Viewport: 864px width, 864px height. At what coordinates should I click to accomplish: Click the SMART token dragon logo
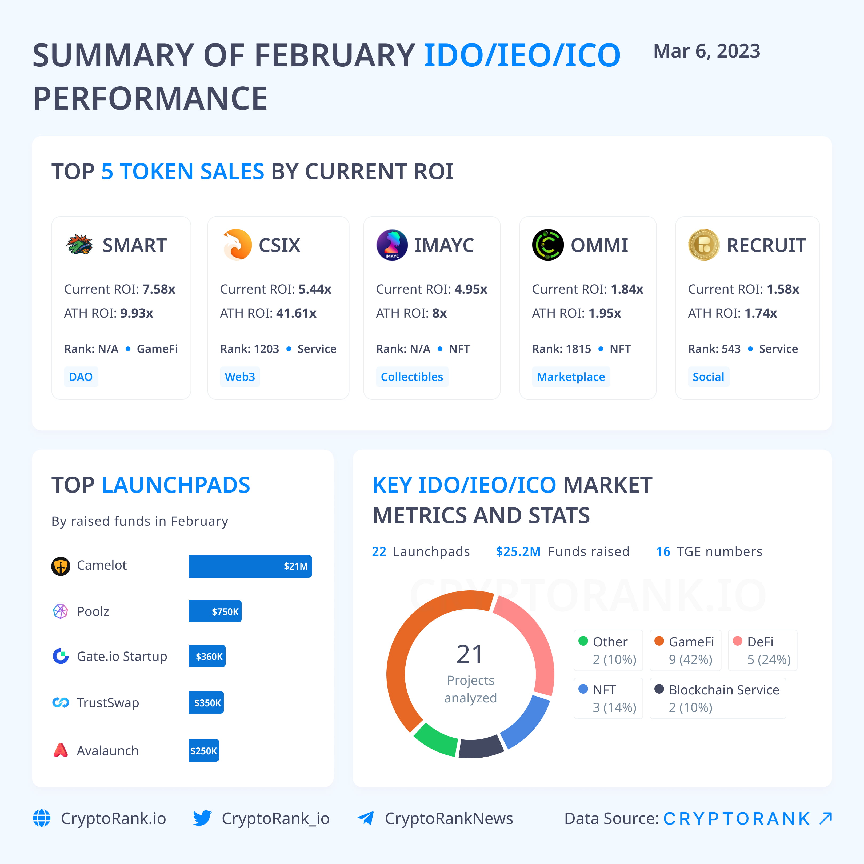click(79, 245)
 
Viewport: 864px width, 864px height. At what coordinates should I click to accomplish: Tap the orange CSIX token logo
click(237, 245)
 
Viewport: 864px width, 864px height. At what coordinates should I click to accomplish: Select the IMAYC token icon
click(392, 245)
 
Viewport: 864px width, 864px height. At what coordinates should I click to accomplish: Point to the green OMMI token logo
click(547, 245)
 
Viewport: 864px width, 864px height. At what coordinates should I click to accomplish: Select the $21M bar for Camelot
click(250, 566)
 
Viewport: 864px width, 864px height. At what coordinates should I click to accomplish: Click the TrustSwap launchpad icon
click(60, 703)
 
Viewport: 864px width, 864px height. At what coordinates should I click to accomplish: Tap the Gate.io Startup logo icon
click(60, 656)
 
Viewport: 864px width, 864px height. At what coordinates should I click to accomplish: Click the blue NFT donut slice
click(525, 722)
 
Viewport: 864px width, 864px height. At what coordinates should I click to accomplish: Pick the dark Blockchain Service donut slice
click(481, 748)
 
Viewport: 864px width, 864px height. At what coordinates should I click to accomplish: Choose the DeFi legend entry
click(762, 650)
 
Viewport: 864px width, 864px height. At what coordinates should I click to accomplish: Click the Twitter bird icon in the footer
click(202, 818)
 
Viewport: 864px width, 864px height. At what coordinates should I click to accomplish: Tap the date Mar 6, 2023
click(707, 51)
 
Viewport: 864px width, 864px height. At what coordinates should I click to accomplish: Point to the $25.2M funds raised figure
click(518, 551)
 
